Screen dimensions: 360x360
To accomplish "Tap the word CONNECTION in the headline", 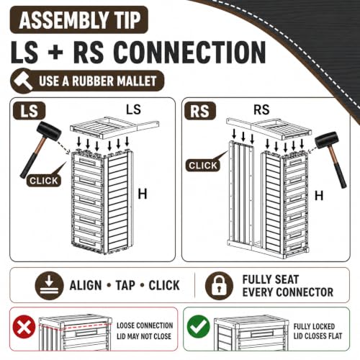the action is (189, 53).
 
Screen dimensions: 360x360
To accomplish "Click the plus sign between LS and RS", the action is (55, 53).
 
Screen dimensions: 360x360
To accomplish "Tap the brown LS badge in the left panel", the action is (29, 111).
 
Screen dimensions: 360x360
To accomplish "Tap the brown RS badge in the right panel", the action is (200, 111).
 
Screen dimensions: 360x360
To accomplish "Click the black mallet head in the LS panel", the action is (49, 131).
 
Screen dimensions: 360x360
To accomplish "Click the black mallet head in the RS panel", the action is (327, 140).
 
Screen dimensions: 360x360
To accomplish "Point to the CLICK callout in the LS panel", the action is (44, 181).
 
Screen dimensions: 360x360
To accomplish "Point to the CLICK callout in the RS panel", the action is (203, 166).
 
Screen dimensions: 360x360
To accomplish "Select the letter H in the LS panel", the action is (143, 194).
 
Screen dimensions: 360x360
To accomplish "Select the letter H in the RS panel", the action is (319, 196).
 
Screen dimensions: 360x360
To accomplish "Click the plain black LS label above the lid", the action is (133, 109).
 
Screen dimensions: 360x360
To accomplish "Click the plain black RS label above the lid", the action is (261, 110).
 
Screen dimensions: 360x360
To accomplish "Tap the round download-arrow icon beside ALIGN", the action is (49, 286).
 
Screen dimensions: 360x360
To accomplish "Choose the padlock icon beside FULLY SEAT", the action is (219, 286).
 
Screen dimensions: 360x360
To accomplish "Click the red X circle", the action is (24, 327).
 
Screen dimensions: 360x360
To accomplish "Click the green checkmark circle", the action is (199, 327).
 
